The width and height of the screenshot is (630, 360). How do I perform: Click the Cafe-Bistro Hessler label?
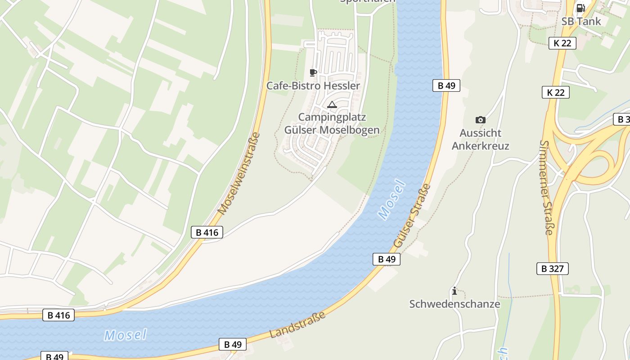[313, 85]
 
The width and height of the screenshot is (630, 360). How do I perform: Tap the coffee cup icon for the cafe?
[313, 72]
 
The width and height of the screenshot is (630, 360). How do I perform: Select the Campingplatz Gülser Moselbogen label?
[332, 124]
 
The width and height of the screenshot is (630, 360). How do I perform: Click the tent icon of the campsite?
[332, 105]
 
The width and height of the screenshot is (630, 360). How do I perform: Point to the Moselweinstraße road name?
[239, 173]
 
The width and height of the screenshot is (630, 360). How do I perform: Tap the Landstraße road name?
[297, 325]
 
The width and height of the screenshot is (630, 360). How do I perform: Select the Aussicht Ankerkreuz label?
[480, 139]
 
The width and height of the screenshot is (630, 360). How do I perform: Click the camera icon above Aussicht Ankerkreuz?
[480, 120]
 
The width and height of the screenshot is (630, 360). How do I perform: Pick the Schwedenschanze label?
[454, 304]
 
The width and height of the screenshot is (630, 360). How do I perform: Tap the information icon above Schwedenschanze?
[454, 291]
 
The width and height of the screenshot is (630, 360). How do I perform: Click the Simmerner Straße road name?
[546, 188]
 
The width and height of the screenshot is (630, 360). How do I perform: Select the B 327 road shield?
[552, 269]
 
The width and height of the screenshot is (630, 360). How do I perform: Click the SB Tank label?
[581, 21]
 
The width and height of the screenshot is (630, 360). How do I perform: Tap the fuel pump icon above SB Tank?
[580, 8]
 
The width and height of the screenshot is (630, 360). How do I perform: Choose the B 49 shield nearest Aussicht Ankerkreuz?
[446, 85]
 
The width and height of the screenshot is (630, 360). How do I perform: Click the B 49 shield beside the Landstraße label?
[233, 344]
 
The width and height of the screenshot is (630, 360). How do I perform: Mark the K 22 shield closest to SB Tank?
[562, 43]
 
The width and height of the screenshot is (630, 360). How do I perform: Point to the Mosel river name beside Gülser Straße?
[392, 200]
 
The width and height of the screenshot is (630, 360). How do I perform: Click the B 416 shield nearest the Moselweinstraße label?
[207, 232]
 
